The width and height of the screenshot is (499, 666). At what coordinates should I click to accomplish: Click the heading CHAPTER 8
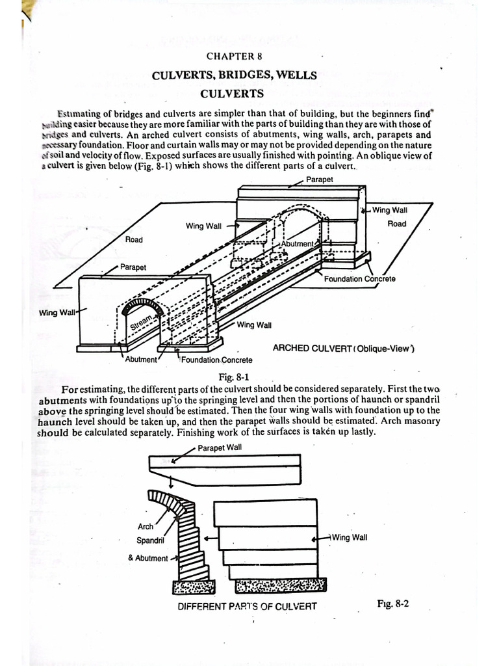(x=234, y=57)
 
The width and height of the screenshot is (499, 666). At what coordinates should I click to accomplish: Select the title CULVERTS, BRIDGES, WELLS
(x=234, y=75)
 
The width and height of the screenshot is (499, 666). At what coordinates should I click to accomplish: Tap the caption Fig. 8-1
(x=234, y=377)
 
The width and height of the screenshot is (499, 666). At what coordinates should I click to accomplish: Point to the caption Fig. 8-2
(x=392, y=603)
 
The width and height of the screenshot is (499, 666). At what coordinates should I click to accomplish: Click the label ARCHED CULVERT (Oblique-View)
(x=343, y=348)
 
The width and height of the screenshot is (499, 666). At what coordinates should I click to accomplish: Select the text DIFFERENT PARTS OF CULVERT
(x=248, y=606)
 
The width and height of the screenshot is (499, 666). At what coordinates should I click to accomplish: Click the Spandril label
(x=150, y=540)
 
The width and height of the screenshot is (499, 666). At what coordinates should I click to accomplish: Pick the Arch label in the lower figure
(x=146, y=527)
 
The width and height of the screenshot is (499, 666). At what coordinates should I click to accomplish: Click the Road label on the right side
(x=396, y=224)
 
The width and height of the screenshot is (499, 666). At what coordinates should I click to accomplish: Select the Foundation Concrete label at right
(x=359, y=279)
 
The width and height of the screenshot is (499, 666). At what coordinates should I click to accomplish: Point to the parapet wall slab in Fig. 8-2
(x=224, y=468)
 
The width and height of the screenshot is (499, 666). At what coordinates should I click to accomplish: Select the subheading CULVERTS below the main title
(x=232, y=94)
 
